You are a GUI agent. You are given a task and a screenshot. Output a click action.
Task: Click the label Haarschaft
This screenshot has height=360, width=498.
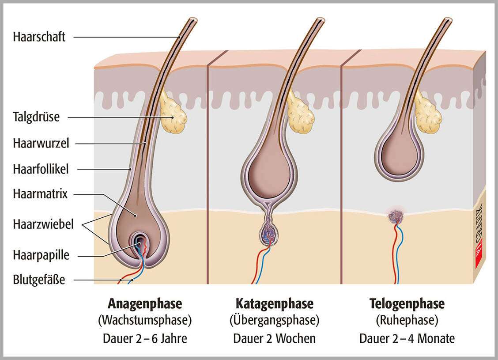coord(39,37)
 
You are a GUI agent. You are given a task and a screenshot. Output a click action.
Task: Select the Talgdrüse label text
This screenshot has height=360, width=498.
coord(36,117)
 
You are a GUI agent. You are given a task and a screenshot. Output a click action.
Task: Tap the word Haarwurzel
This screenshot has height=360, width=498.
coord(41,143)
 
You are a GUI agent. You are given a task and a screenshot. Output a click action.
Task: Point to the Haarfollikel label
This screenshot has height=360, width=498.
coord(41,168)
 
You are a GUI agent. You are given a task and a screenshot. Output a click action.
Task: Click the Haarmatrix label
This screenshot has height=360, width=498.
coord(40,194)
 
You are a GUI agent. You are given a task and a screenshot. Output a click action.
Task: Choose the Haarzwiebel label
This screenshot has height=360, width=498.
coord(43,224)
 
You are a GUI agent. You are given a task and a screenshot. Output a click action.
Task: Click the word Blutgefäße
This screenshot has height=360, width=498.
coord(39,280)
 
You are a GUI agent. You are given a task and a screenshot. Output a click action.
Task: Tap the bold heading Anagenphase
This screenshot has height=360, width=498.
coord(145,304)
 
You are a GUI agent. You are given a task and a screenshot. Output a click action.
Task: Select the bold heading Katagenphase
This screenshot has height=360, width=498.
coord(274,304)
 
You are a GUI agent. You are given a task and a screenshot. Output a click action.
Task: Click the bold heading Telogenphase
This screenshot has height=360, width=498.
coord(407,304)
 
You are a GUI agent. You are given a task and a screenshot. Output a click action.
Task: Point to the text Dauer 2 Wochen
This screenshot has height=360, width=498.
coord(274,339)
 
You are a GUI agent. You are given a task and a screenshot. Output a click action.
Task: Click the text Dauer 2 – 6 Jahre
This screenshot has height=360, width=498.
coord(145,339)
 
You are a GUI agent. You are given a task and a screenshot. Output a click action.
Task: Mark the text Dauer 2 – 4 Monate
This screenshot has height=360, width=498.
coord(407,339)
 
